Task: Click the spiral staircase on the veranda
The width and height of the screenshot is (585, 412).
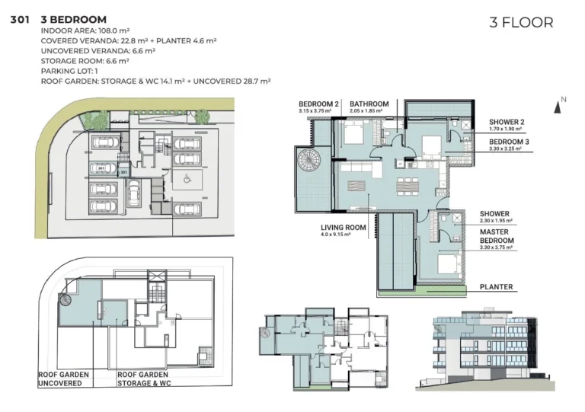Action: point(310,161)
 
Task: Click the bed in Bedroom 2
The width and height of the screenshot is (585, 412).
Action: point(353,136)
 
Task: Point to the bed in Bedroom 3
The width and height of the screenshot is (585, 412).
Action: point(428,145)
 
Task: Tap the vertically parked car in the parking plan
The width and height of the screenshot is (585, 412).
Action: point(133,191)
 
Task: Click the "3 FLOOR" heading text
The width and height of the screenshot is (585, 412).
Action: point(521,23)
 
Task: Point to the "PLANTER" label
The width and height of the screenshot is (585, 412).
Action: point(496,287)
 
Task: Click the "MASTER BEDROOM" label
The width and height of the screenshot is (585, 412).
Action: point(496,237)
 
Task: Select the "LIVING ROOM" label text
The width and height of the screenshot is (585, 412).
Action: point(343,227)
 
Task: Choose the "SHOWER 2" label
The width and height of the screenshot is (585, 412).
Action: point(506,122)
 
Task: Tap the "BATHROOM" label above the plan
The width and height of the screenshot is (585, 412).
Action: point(369,104)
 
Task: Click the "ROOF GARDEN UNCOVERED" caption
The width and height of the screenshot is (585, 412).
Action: point(63,378)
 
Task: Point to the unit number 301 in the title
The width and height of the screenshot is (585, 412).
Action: point(21,19)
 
